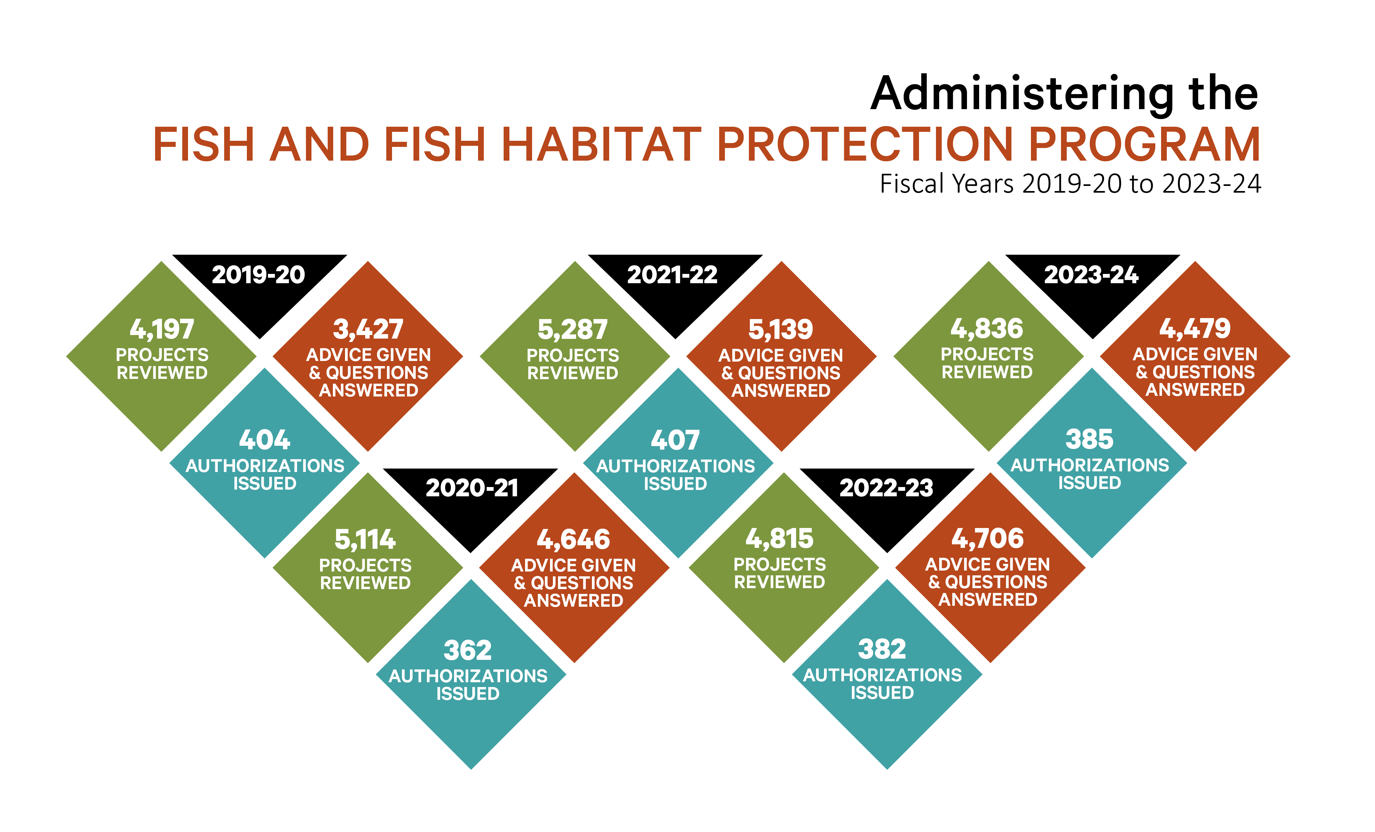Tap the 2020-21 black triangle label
coord(472,488)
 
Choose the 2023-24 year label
coord(1091,275)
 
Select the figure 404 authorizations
coord(264,440)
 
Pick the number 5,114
coord(365,540)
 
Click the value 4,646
coord(574,540)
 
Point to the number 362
coord(467,650)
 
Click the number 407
coord(675,440)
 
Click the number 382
coord(882,649)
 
